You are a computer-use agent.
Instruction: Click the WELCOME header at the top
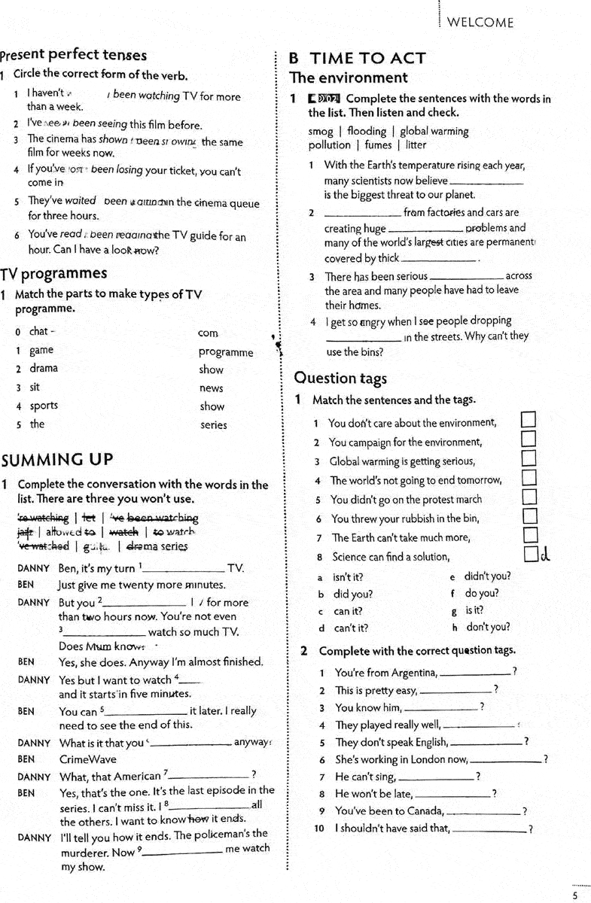[x=480, y=23]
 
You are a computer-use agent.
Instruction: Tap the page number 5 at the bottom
[x=575, y=895]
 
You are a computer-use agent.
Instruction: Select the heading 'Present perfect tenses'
[x=74, y=55]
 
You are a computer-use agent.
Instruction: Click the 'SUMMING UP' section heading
[x=58, y=460]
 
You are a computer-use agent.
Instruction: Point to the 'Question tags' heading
[x=340, y=378]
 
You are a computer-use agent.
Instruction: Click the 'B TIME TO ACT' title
[x=358, y=58]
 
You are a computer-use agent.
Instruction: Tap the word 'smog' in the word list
[x=321, y=131]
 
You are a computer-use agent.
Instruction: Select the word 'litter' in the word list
[x=416, y=144]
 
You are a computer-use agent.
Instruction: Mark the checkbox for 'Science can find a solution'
[x=531, y=555]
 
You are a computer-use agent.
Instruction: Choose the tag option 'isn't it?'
[x=349, y=576]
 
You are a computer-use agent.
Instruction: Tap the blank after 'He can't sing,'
[x=436, y=777]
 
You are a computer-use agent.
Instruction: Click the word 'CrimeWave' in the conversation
[x=88, y=759]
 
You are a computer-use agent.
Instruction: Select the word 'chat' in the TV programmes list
[x=39, y=331]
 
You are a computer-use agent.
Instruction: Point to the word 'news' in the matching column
[x=211, y=388]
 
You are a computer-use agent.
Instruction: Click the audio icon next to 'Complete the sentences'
[x=324, y=99]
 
